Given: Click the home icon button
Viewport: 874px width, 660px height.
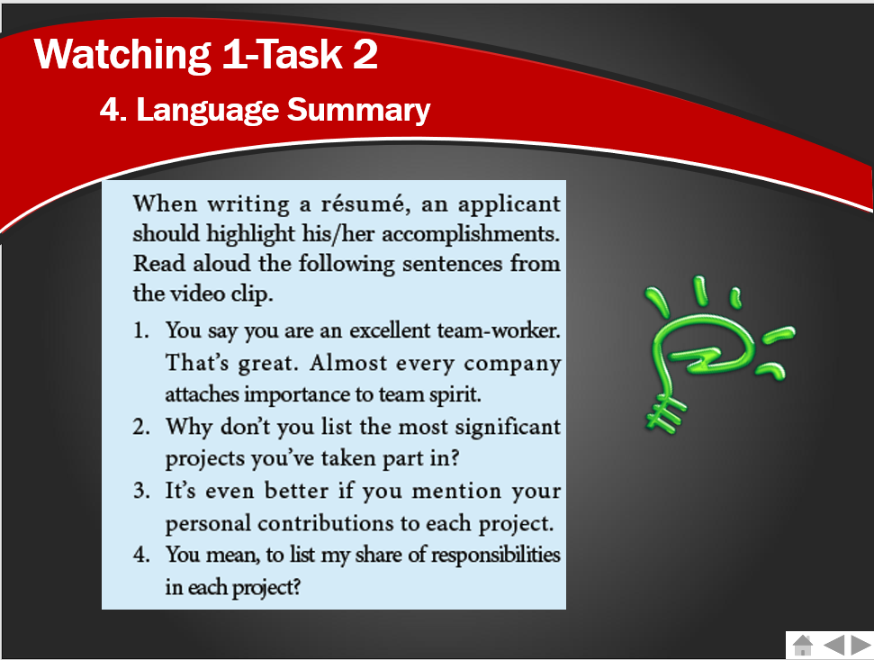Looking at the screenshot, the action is (x=803, y=645).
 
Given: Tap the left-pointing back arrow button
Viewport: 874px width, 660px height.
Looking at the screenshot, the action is (x=833, y=645).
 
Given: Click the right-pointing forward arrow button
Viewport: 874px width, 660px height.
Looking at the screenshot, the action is (x=861, y=645).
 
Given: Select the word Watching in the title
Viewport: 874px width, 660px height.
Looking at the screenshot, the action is (x=122, y=55).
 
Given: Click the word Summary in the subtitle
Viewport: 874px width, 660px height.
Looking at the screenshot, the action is (x=358, y=109).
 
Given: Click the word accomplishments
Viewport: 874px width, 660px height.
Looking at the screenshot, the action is (x=471, y=234).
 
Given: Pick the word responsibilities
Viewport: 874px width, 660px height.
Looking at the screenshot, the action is (x=496, y=556).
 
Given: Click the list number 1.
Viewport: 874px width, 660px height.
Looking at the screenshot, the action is (x=141, y=331).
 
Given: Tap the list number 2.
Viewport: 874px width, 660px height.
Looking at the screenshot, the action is (x=141, y=428).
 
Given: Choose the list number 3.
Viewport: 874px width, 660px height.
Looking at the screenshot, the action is (x=141, y=491).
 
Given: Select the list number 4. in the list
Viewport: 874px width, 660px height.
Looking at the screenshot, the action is (x=141, y=556).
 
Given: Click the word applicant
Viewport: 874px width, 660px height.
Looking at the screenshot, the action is (x=509, y=204).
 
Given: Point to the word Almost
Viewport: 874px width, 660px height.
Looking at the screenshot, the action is (x=347, y=363).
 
